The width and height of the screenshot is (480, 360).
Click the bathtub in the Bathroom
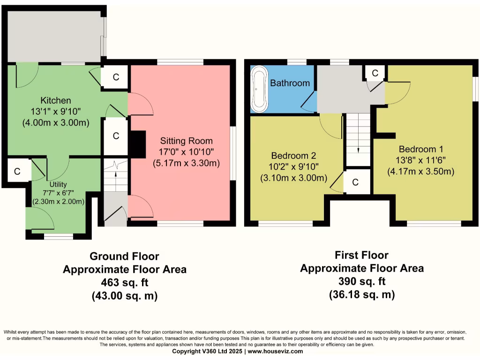pos(260,89)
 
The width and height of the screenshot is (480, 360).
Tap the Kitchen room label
pos(56,100)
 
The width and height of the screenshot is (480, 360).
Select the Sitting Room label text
pos(187,141)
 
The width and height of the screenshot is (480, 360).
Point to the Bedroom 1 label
pos(421,149)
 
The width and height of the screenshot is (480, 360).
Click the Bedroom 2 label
pos(293,156)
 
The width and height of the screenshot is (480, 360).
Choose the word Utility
pos(58,184)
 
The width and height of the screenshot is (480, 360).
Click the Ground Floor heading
pos(124,256)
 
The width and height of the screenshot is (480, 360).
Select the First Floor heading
pos(361,255)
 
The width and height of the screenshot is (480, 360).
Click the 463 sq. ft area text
pos(125,282)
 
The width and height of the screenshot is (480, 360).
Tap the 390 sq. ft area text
pos(362,281)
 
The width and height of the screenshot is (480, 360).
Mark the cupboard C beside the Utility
pos(17,172)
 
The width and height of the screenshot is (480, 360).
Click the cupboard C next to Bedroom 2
pos(355,182)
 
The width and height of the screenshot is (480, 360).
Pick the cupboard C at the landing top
pos(375,73)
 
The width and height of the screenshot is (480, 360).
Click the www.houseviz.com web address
pos(275,352)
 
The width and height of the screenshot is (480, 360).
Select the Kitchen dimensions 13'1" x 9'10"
pos(56,112)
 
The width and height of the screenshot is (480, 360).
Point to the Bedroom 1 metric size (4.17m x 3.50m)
pos(421,172)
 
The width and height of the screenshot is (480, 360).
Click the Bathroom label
pos(290,83)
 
